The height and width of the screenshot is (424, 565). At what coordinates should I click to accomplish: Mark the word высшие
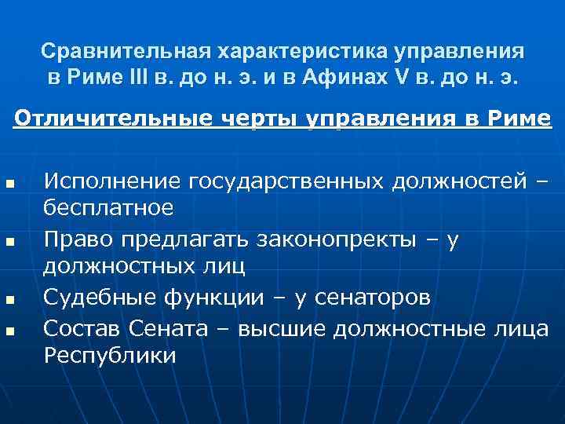277,327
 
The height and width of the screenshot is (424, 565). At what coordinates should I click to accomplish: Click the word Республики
110,355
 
